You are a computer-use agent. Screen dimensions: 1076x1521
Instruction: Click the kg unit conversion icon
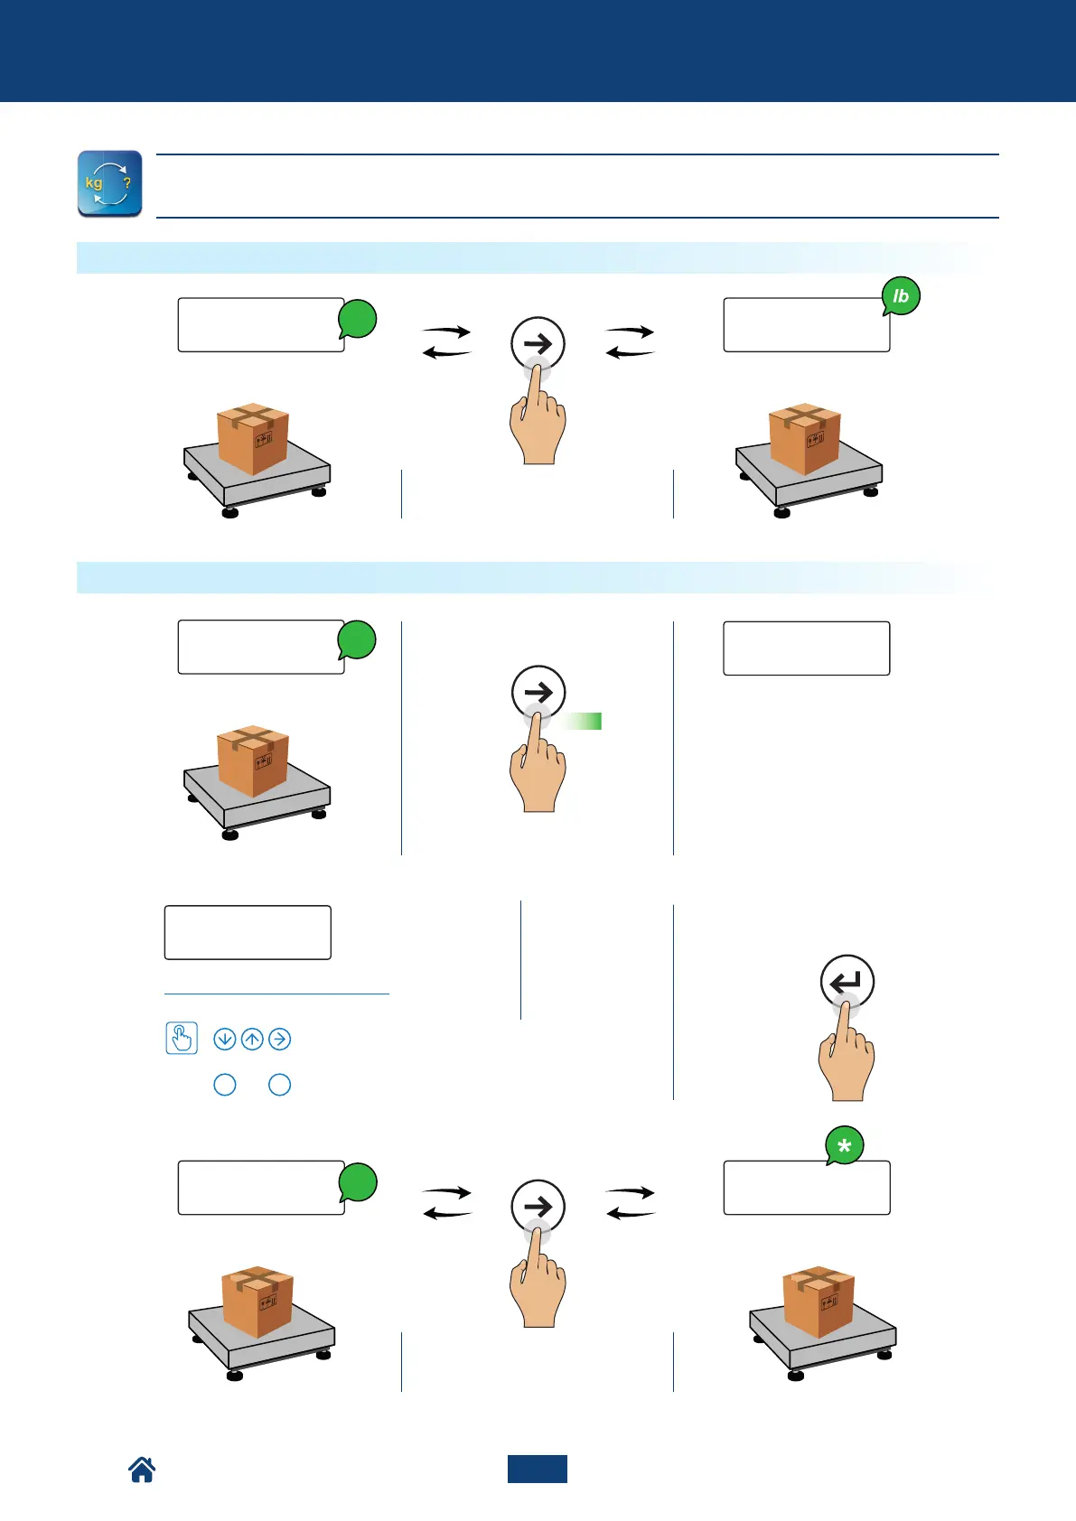[x=109, y=183]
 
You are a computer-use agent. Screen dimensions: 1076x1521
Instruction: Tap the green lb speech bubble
[x=901, y=296]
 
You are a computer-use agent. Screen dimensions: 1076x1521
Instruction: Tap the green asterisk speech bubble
[x=845, y=1146]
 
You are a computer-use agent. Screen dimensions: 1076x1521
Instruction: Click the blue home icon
[x=142, y=1470]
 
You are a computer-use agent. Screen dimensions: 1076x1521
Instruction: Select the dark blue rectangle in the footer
[x=537, y=1469]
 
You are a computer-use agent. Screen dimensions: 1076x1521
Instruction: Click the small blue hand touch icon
[x=182, y=1038]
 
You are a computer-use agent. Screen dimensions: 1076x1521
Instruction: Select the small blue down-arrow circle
[x=224, y=1040]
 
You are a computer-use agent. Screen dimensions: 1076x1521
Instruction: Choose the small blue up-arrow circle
[x=252, y=1040]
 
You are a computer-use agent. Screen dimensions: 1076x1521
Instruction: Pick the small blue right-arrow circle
[x=280, y=1040]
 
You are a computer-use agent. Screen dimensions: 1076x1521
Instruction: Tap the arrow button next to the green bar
[x=538, y=693]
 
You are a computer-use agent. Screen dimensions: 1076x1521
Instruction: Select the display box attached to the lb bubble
[x=806, y=325]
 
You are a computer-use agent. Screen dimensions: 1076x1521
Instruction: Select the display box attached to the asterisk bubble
[x=806, y=1188]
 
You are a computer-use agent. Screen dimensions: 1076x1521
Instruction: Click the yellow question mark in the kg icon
[x=127, y=182]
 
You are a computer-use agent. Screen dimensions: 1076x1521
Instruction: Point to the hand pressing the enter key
[x=847, y=1057]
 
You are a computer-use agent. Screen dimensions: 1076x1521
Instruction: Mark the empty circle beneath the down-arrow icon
[x=224, y=1085]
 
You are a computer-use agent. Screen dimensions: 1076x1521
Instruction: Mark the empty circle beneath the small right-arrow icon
[x=280, y=1085]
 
